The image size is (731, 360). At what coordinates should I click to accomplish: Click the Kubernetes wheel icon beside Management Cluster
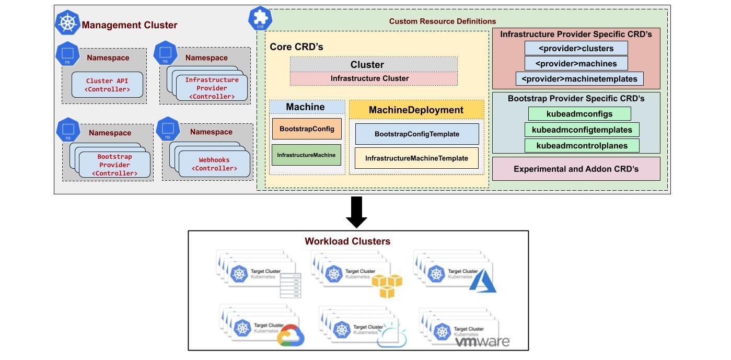click(x=67, y=24)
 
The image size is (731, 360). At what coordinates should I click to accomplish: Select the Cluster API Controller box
click(x=107, y=85)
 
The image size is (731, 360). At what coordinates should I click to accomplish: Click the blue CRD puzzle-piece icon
click(x=258, y=19)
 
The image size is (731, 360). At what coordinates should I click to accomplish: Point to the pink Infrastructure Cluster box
click(x=374, y=79)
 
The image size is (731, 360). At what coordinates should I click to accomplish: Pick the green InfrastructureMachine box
click(x=306, y=155)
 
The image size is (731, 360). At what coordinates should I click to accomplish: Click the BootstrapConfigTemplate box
click(x=416, y=134)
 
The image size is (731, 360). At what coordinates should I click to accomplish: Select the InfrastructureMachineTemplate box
click(x=416, y=158)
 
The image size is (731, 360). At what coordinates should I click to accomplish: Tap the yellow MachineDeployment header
click(x=416, y=110)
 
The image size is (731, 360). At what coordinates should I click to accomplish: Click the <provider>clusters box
click(x=576, y=49)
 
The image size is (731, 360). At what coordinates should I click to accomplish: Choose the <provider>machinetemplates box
click(x=579, y=79)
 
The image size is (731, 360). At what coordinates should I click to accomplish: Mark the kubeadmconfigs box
click(x=579, y=113)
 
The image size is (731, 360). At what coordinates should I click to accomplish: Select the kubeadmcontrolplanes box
click(x=582, y=146)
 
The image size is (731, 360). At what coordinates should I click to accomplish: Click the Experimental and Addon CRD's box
click(x=576, y=169)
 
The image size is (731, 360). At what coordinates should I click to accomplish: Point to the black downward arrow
click(x=357, y=212)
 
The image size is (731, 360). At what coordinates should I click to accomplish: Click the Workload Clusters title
click(x=347, y=241)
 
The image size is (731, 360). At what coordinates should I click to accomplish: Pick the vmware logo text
click(x=482, y=342)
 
